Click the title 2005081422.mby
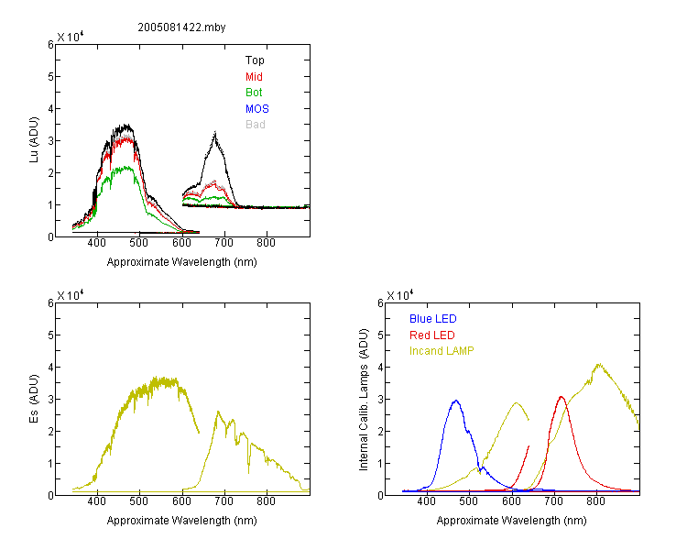click(181, 27)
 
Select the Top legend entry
click(255, 60)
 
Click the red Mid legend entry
click(254, 77)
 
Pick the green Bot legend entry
click(254, 93)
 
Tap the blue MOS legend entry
click(257, 109)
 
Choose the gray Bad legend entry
click(256, 125)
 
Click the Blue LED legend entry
click(433, 319)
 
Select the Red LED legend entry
click(432, 335)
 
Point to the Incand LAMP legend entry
click(442, 351)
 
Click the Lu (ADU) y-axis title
click(34, 140)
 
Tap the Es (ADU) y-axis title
click(34, 399)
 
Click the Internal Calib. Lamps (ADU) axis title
click(364, 400)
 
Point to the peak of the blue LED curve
click(456, 401)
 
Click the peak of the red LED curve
click(562, 397)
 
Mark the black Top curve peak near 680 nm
click(215, 132)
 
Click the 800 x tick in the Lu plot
click(266, 243)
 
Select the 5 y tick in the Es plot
click(50, 335)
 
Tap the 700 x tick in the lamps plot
click(554, 501)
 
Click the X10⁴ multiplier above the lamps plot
click(400, 295)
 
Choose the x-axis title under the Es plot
click(182, 521)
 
